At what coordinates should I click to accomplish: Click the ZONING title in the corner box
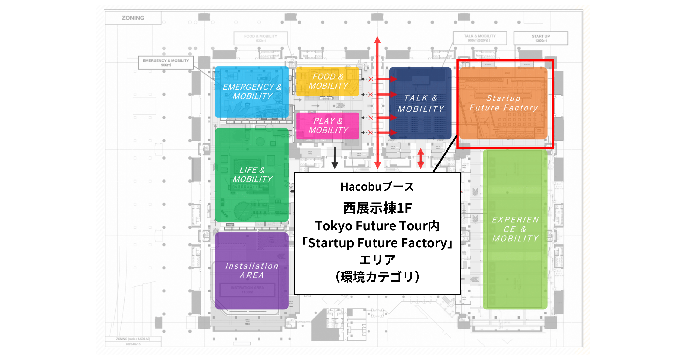tap(133, 18)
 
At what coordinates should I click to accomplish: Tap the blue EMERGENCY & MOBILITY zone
tap(252, 92)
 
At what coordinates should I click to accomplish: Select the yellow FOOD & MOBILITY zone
tap(327, 81)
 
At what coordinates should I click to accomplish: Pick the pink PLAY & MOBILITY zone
tap(327, 126)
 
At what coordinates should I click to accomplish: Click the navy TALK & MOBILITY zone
tap(420, 103)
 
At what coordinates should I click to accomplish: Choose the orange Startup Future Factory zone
tap(503, 103)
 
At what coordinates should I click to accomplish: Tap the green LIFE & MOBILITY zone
tap(252, 175)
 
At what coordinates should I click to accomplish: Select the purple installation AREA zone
tap(252, 270)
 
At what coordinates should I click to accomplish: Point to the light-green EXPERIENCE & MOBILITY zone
tap(515, 229)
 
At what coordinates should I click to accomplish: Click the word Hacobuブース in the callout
tap(377, 187)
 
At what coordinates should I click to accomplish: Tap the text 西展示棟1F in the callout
tap(377, 208)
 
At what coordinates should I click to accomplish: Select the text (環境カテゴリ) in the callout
tap(377, 277)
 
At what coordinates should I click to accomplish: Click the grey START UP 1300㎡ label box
tap(541, 38)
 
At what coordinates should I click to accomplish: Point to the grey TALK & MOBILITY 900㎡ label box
tap(480, 38)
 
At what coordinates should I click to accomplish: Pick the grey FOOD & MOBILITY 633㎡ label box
tap(260, 38)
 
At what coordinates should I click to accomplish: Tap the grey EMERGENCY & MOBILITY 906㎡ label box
tap(166, 63)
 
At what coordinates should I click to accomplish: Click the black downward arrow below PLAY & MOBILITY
tap(335, 158)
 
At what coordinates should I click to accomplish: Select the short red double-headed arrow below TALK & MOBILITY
tap(420, 158)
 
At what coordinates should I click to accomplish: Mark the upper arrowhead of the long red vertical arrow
tap(377, 40)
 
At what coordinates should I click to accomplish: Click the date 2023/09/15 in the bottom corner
tap(133, 344)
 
